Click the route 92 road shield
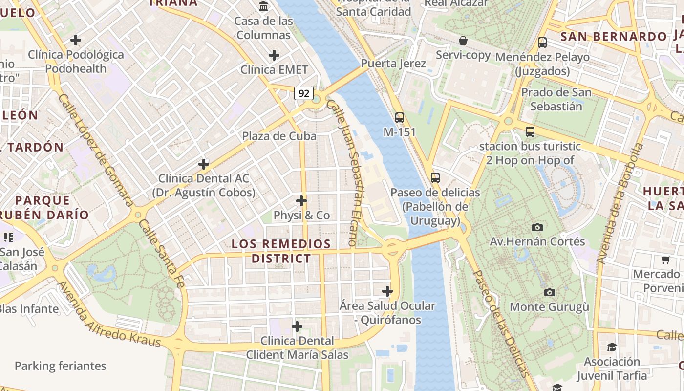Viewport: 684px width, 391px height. (303, 93)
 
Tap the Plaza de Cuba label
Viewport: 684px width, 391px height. (279, 136)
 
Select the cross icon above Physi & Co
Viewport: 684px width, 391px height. (301, 201)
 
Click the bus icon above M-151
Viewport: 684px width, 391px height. (399, 118)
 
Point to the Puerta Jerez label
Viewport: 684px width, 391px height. (393, 64)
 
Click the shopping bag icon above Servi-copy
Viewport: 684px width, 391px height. (463, 41)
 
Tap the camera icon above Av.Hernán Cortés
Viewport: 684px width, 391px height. (537, 227)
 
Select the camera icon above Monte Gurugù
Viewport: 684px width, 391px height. (550, 292)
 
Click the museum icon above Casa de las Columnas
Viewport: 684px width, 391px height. (264, 6)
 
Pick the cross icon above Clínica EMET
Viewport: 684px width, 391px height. (274, 55)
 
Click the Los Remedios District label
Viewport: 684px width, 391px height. (281, 251)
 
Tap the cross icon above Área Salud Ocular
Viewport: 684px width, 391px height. (387, 292)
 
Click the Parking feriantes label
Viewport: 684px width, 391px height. (60, 366)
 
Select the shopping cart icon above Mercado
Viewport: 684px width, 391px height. (665, 260)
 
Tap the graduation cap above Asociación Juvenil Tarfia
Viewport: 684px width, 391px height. (612, 347)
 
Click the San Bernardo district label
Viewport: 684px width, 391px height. (613, 37)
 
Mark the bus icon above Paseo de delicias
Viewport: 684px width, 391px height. (435, 178)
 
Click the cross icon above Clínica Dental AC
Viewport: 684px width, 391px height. (204, 164)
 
